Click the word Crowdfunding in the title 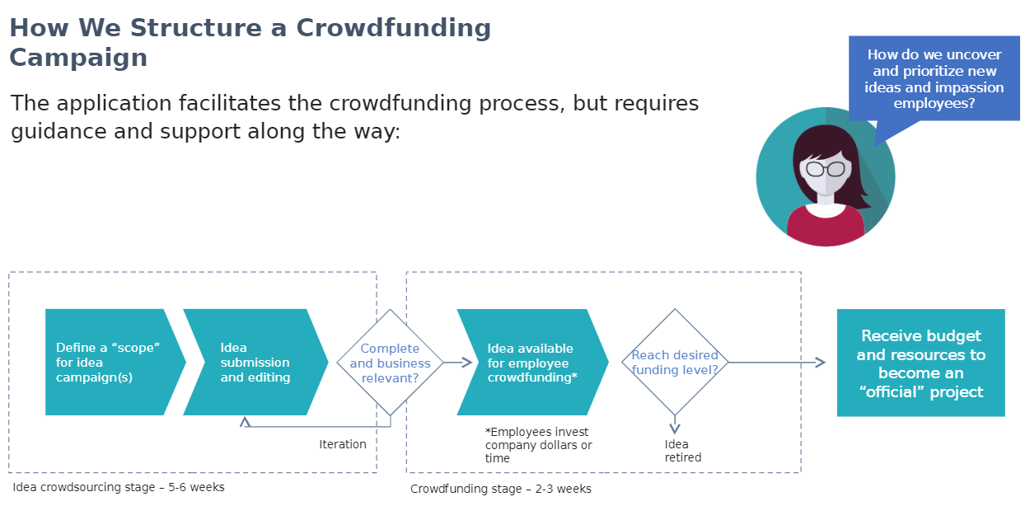point(394,27)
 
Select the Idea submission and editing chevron point(255,362)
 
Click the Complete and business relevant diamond point(390,363)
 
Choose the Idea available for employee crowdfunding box point(532,362)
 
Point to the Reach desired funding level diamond point(675,363)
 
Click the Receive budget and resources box point(920,363)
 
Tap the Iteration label point(343,444)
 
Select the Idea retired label point(683,451)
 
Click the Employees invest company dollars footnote point(538,445)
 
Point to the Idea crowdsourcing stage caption point(119,487)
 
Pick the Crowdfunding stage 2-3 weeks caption point(501,489)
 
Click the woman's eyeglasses point(826,169)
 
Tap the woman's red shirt point(826,226)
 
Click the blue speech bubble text point(934,78)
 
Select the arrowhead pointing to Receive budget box point(821,363)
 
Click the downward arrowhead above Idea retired point(675,429)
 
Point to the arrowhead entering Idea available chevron point(467,363)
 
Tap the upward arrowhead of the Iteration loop point(245,422)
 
